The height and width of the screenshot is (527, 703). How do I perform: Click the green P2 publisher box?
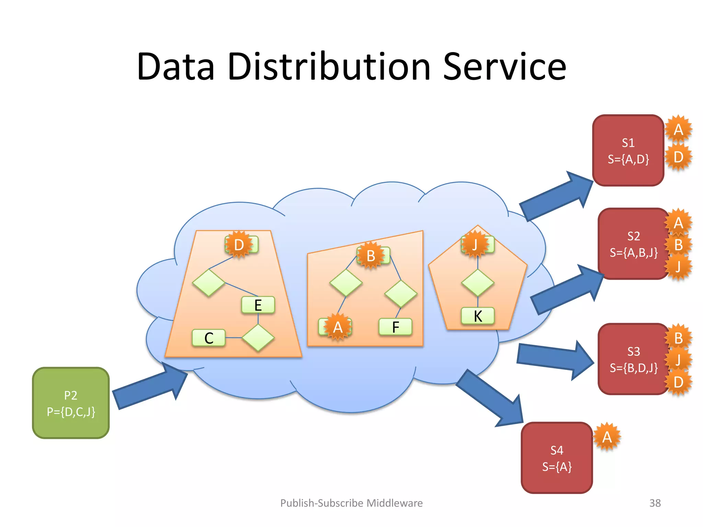[71, 403]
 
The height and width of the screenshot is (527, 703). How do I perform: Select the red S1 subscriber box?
[628, 151]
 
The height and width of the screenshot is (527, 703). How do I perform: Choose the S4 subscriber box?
[556, 458]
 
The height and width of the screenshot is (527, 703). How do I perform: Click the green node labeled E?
[258, 305]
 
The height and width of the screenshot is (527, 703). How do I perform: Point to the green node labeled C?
[209, 338]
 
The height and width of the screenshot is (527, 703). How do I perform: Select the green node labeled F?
[395, 327]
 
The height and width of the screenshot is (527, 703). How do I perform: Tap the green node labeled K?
[478, 316]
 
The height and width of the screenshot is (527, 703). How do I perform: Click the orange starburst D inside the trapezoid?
[239, 245]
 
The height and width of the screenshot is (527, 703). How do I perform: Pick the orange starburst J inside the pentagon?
[475, 245]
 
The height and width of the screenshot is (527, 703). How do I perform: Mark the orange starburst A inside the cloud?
[338, 327]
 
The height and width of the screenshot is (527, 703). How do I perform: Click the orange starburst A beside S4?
[607, 437]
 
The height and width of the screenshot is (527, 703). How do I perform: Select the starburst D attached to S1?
[678, 157]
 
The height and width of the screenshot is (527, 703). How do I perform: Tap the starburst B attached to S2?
[678, 245]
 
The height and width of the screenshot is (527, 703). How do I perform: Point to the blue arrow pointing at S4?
[491, 398]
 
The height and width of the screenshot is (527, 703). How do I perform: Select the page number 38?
[655, 503]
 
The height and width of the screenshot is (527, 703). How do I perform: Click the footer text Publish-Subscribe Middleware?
[351, 503]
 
